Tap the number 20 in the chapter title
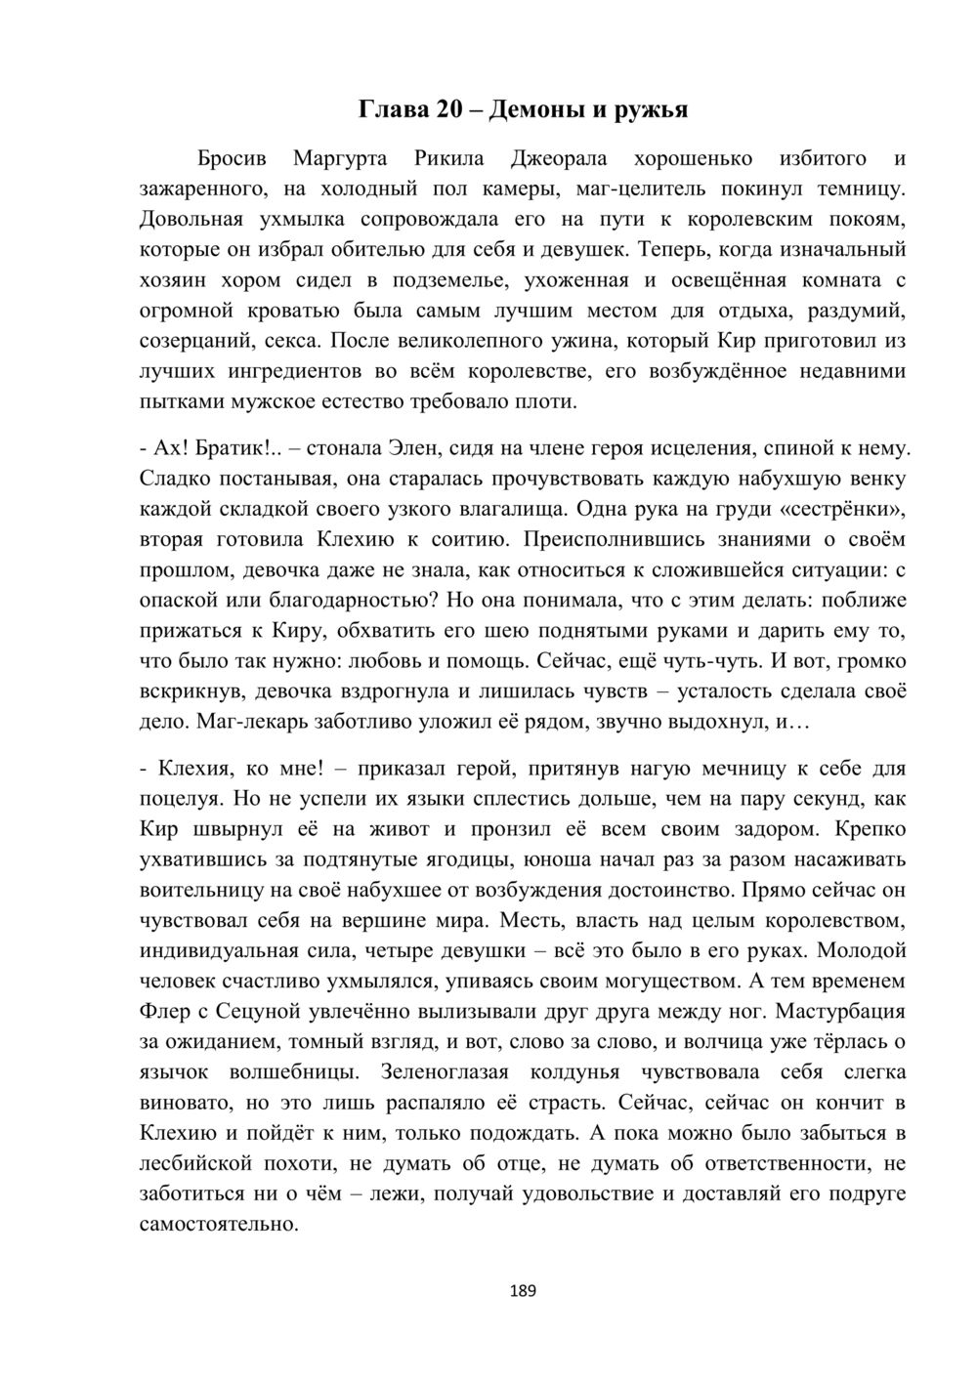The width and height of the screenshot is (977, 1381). coord(448,109)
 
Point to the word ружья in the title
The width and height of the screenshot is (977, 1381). coord(651,109)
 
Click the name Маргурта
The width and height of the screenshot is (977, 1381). coord(340,158)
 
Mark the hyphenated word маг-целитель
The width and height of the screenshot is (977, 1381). coord(637,188)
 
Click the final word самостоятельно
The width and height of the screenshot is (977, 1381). coord(220,1223)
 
